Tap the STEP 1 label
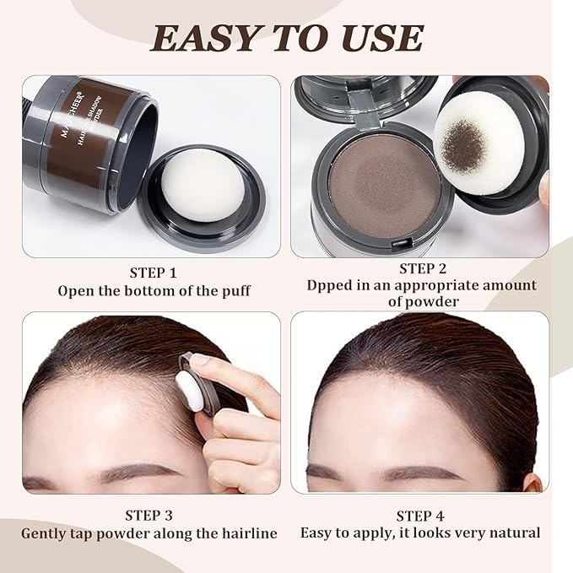coord(153,273)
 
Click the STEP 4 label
coord(420,515)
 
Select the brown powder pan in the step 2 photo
coord(383,181)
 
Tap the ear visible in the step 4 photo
coord(532,482)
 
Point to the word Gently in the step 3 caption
coord(43,533)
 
